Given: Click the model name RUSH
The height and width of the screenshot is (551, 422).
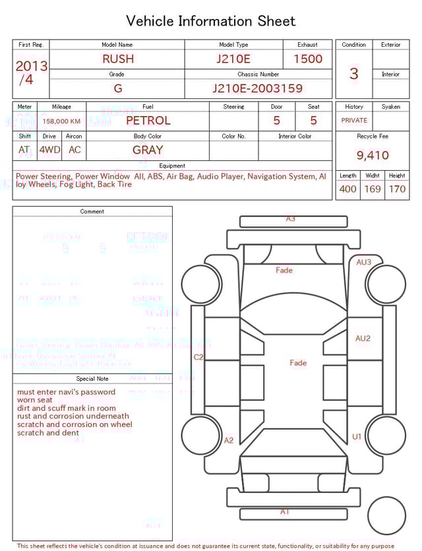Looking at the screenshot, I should [x=117, y=59].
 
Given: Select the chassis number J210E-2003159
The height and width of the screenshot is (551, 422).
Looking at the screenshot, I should [x=257, y=88].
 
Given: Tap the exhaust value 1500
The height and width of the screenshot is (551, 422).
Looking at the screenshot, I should [x=307, y=59].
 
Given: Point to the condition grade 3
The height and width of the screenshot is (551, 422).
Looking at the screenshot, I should [x=353, y=74].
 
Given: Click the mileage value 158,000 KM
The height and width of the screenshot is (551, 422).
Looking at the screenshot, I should [x=61, y=121].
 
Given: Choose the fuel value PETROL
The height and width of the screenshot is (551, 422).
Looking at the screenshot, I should [x=148, y=121].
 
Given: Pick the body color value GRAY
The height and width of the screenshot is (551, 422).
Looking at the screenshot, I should [x=148, y=150].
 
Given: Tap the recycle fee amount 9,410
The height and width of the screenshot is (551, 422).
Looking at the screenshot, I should [x=373, y=156].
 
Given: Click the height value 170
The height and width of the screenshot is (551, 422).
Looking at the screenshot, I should [x=397, y=189].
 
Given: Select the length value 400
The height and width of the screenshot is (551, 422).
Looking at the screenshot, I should [x=347, y=189].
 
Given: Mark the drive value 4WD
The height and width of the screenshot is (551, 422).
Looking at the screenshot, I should [x=49, y=150].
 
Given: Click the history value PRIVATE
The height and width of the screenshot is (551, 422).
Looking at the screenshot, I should [x=354, y=121].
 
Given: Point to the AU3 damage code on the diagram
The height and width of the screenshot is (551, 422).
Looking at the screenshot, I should [x=364, y=262].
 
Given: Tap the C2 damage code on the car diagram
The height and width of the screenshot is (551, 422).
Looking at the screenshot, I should [x=198, y=357].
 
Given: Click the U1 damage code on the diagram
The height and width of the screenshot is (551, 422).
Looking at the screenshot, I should [x=357, y=436].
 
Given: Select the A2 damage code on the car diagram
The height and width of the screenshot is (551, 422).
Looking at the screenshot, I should [x=229, y=440].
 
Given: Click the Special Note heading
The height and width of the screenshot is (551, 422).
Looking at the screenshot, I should [x=92, y=379].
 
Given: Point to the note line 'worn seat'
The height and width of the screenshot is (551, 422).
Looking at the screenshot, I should [x=35, y=400].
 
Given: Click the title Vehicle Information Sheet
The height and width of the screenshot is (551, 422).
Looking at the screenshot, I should [x=211, y=21].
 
